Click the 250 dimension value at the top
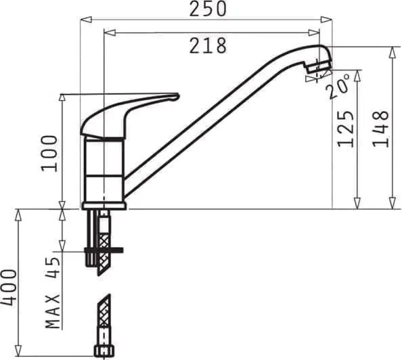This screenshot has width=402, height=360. click(207, 9)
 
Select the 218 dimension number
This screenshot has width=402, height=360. click(208, 45)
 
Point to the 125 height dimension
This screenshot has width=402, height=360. click(347, 129)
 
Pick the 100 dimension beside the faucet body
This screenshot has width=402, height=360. click(49, 152)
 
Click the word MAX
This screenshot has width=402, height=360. click(53, 310)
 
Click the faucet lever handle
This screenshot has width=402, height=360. click(129, 112)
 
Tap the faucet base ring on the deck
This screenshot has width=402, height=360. click(104, 205)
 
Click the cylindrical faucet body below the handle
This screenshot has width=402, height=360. click(104, 169)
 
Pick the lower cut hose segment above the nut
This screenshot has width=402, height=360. click(103, 318)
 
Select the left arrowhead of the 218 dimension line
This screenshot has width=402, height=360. click(107, 32)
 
